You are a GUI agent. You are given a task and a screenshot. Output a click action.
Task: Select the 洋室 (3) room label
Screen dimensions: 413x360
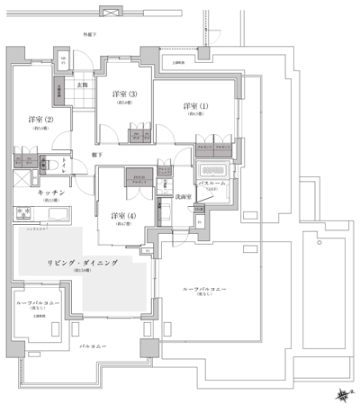125,94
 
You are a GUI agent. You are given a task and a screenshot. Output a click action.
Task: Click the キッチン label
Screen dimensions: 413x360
49,192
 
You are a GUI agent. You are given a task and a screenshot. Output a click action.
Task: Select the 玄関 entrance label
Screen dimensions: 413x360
83,86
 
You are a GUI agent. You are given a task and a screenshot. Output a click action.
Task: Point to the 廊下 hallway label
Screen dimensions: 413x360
95,156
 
